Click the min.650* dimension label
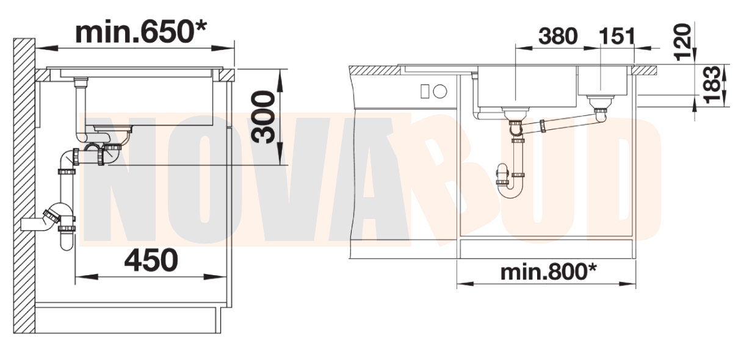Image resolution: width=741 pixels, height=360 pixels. click(141, 32)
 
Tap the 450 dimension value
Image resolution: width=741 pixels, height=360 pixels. click(151, 260)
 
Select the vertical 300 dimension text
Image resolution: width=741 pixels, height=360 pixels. click(263, 117)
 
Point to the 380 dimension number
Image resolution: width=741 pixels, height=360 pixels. click(558, 36)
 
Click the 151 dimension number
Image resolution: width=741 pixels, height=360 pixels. click(617, 36)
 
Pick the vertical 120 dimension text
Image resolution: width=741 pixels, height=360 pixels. click(682, 42)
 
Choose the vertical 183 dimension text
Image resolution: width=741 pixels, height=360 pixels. click(712, 85)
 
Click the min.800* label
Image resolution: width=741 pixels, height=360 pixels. click(549, 272)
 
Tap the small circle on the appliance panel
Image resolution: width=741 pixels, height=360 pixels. click(440, 92)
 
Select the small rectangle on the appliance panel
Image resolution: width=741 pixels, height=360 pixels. click(425, 92)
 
